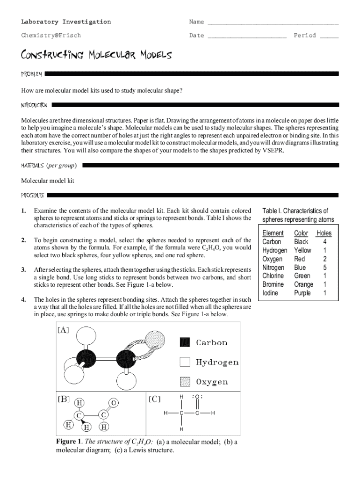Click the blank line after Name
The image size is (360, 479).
click(273, 22)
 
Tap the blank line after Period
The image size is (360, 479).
click(329, 36)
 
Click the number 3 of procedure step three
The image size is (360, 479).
click(23, 270)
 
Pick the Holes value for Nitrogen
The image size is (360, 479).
click(324, 268)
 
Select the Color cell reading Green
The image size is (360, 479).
click(302, 276)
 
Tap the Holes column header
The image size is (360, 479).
click(324, 233)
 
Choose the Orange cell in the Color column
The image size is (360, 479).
click(303, 284)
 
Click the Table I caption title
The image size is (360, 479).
click(295, 215)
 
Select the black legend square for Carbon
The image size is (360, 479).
click(185, 342)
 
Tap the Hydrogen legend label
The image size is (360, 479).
click(217, 362)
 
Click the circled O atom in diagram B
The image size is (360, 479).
click(115, 402)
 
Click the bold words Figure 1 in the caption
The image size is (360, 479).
click(69, 442)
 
